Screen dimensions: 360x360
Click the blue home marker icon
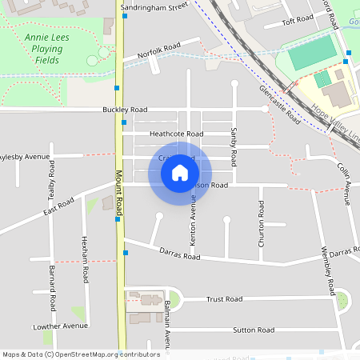click(180, 172)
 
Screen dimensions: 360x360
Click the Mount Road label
click(118, 193)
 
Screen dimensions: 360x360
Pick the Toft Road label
click(296, 19)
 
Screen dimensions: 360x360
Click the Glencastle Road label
click(279, 103)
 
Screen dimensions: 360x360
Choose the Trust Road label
click(224, 299)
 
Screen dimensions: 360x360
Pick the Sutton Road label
click(254, 330)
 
